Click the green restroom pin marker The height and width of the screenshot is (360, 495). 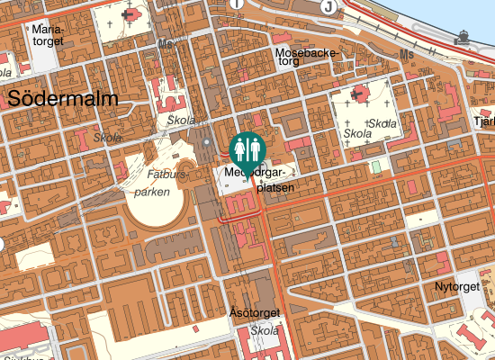(247, 148)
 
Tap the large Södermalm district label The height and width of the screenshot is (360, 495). (62, 98)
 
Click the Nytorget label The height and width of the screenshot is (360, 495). (457, 286)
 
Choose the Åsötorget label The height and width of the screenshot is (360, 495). (255, 313)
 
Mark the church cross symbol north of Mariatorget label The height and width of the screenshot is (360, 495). (135, 13)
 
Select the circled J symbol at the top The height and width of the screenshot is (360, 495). (329, 6)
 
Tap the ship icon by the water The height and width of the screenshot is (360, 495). (463, 36)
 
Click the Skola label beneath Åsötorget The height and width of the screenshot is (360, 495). (265, 330)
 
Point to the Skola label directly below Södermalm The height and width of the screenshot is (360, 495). (107, 138)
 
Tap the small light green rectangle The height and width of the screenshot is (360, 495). (376, 167)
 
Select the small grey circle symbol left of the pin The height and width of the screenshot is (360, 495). (206, 141)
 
